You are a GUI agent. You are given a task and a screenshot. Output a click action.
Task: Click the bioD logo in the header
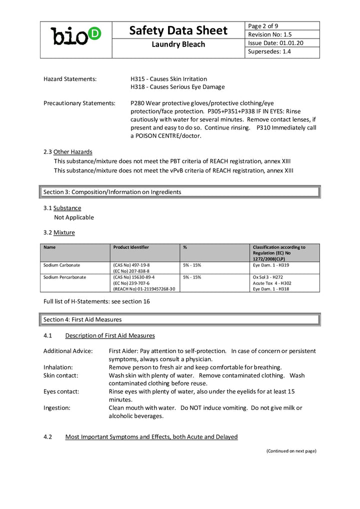point(75,35)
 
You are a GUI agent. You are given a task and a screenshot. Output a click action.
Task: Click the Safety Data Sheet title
point(178,30)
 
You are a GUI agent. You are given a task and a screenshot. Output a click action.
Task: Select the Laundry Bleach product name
point(178,44)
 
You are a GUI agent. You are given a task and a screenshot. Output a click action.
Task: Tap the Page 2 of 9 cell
point(263,26)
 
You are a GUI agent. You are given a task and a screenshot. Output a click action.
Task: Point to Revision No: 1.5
point(270,34)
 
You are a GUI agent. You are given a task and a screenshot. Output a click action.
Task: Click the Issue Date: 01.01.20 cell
point(275,43)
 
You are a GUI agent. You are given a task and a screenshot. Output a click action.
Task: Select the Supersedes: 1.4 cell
point(269,51)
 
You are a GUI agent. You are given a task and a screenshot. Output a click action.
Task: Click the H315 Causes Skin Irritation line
point(168,79)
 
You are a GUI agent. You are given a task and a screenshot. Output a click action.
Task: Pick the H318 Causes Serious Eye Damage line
point(177,87)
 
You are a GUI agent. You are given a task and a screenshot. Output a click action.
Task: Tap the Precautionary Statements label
point(79,103)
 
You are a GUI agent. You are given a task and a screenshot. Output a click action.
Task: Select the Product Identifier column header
point(131,247)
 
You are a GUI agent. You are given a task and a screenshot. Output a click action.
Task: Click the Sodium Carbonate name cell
point(61,265)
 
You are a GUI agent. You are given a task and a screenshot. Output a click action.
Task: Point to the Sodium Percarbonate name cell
point(64,277)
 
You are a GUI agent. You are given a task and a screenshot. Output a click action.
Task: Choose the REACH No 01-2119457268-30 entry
point(144,289)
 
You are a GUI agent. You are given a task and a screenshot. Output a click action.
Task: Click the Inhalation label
point(58,367)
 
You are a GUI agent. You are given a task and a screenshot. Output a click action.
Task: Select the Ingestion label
point(57,408)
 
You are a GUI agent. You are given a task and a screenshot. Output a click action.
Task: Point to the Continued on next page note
point(291,450)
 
